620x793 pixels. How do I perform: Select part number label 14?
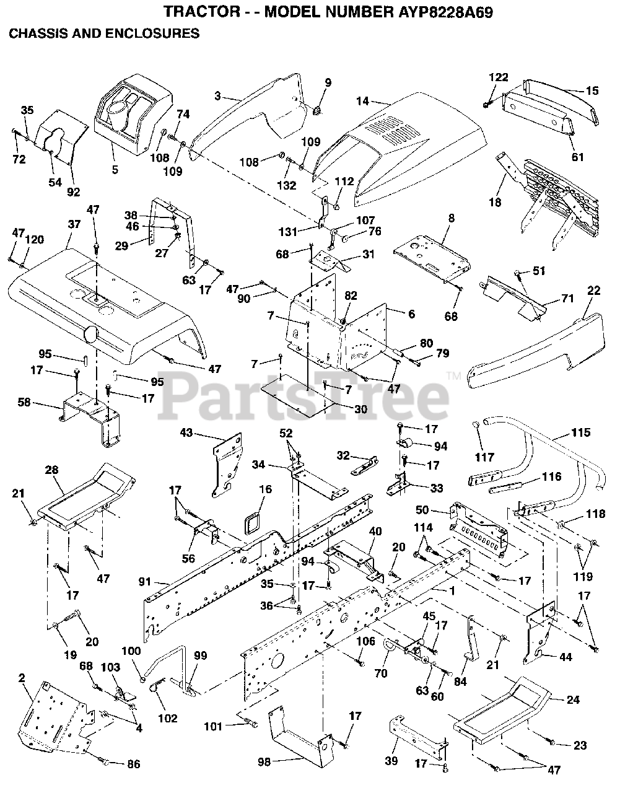point(362,101)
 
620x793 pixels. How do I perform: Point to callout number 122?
point(499,77)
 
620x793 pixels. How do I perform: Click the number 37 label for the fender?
point(74,224)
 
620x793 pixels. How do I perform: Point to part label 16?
point(265,489)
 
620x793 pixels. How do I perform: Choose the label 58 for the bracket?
point(41,403)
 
